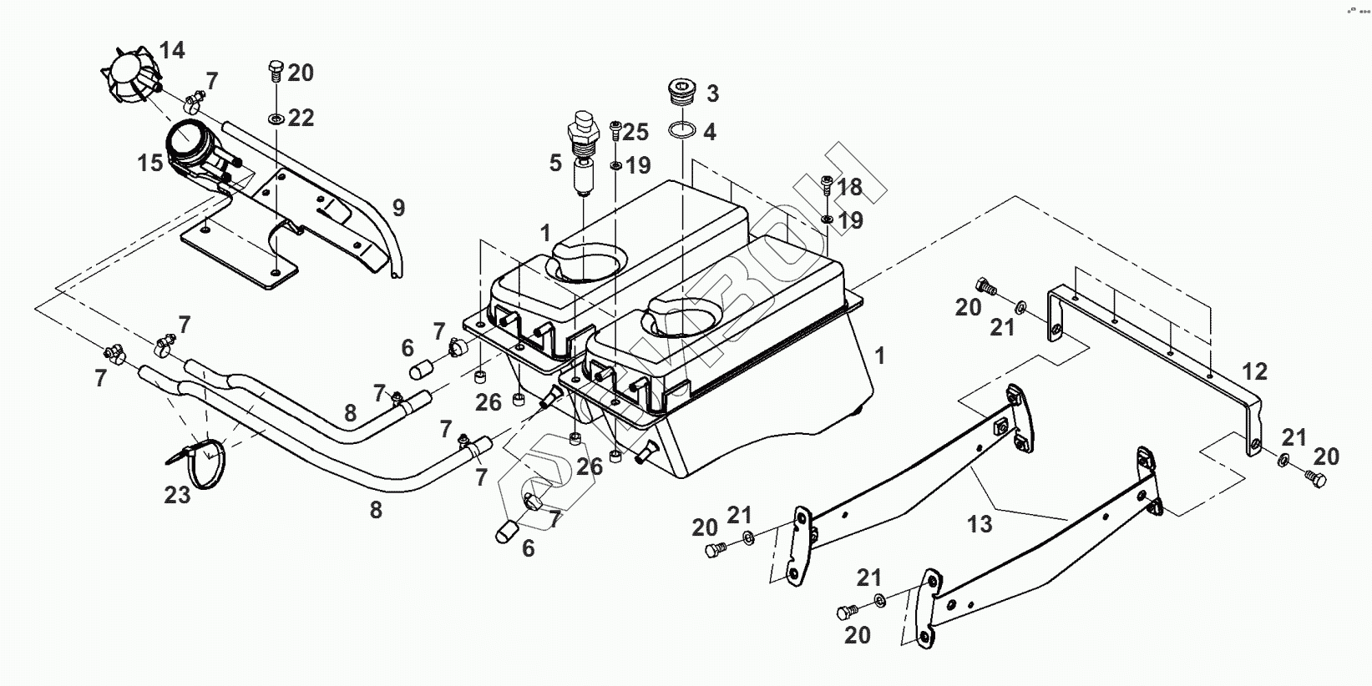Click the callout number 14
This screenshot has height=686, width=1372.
172,51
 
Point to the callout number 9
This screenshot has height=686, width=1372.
398,208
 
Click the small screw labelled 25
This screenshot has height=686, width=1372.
615,129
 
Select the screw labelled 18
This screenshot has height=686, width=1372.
826,186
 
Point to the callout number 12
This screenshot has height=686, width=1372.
1254,372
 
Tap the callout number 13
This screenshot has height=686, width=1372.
980,524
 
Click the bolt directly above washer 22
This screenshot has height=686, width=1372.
276,69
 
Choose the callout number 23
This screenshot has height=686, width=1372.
177,495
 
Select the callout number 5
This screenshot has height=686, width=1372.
556,163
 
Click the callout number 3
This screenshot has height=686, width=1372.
711,93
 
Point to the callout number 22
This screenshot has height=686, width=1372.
301,119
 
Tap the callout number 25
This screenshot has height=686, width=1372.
635,132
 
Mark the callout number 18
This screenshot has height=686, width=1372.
849,186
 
